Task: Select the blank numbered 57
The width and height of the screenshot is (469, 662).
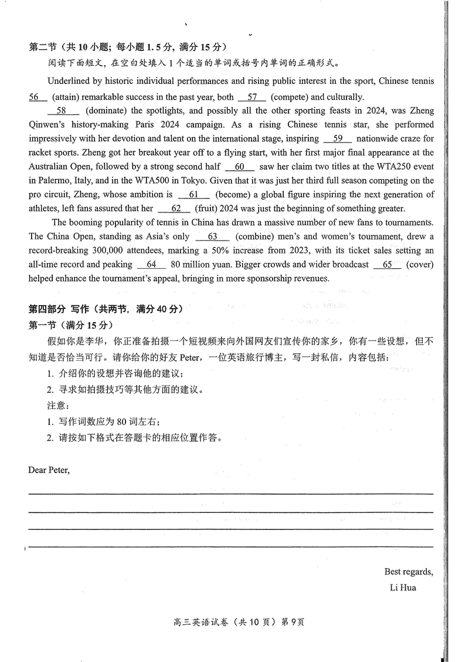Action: click(253, 97)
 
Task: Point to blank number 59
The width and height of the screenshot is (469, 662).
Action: click(337, 139)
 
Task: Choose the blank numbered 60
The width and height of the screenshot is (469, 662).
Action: click(239, 167)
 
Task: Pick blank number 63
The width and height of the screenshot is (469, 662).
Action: click(212, 237)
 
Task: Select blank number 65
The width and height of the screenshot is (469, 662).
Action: click(388, 265)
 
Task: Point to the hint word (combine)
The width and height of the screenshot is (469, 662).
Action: click(254, 237)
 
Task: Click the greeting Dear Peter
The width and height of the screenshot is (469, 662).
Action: click(49, 470)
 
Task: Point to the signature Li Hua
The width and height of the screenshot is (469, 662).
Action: click(403, 587)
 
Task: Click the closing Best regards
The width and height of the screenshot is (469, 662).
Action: click(409, 572)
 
